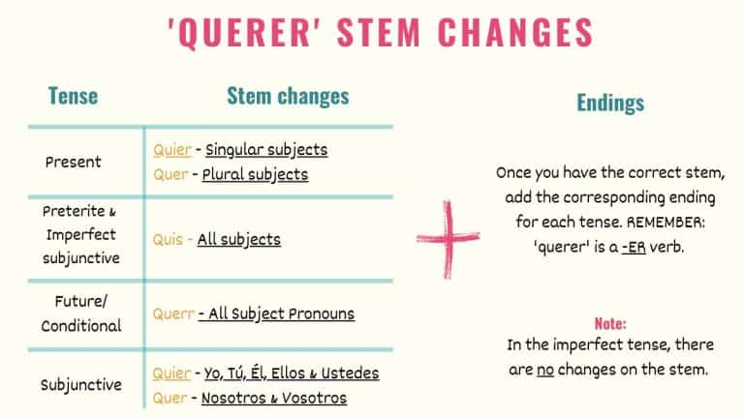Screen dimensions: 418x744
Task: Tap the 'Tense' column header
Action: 74,96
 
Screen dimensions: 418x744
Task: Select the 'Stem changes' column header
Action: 288,96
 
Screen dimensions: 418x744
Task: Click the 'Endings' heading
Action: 610,103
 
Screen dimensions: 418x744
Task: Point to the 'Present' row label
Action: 74,162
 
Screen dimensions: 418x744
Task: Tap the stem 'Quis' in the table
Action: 167,239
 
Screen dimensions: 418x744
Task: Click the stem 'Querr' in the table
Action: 171,313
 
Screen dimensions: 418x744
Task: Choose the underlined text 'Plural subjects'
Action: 255,175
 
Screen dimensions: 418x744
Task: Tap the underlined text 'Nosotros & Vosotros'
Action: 273,398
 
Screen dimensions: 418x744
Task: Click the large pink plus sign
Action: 449,238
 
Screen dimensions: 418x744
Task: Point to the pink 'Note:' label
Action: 610,323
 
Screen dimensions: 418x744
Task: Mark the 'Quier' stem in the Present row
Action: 171,150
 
